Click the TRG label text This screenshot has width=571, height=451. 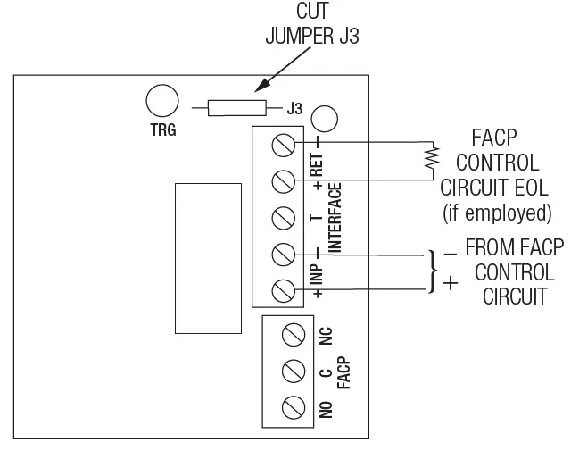click(x=163, y=129)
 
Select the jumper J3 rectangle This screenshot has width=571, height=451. click(x=236, y=109)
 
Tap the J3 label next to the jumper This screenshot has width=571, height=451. click(x=295, y=109)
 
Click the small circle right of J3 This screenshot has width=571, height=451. click(x=325, y=117)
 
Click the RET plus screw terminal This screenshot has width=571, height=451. click(x=284, y=180)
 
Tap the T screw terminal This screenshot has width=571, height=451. click(x=284, y=217)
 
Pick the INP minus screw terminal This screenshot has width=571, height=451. click(x=284, y=254)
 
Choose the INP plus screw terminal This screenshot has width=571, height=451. click(x=284, y=289)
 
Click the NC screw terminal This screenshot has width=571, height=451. click(x=294, y=336)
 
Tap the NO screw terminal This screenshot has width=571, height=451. click(x=294, y=407)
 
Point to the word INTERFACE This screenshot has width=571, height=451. click(x=335, y=217)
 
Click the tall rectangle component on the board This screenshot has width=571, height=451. click(x=208, y=257)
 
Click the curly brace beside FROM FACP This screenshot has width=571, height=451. click(x=434, y=271)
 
